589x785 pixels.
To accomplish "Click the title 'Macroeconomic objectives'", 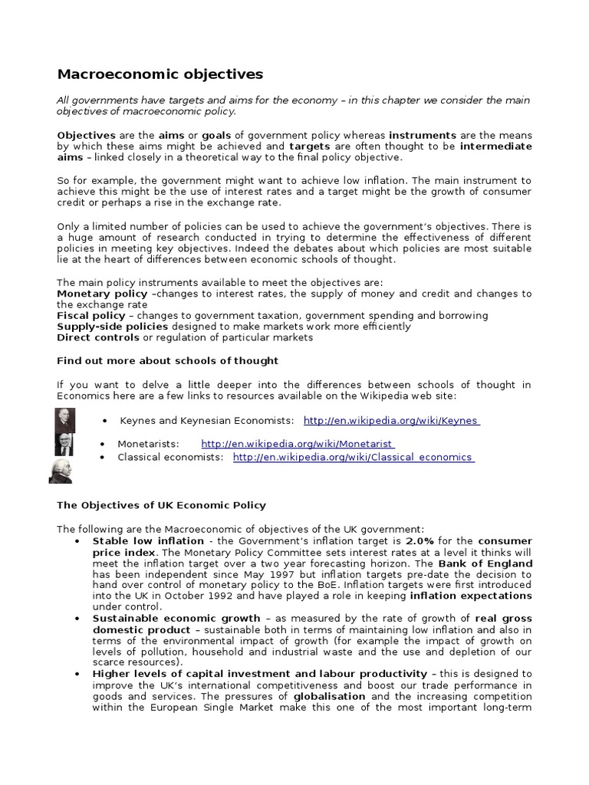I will [x=160, y=74].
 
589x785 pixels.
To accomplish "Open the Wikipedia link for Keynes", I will [x=391, y=421].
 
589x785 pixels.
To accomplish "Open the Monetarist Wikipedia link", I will [x=298, y=444].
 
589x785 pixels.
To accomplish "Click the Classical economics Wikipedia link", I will [x=353, y=457].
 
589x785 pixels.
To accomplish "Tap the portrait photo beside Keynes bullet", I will [x=65, y=420].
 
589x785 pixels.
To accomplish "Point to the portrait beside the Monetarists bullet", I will [x=64, y=444].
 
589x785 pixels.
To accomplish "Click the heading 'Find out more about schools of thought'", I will [x=168, y=360].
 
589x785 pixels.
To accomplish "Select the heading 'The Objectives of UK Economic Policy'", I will [x=162, y=505].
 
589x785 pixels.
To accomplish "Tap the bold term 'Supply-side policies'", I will [x=112, y=327].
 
